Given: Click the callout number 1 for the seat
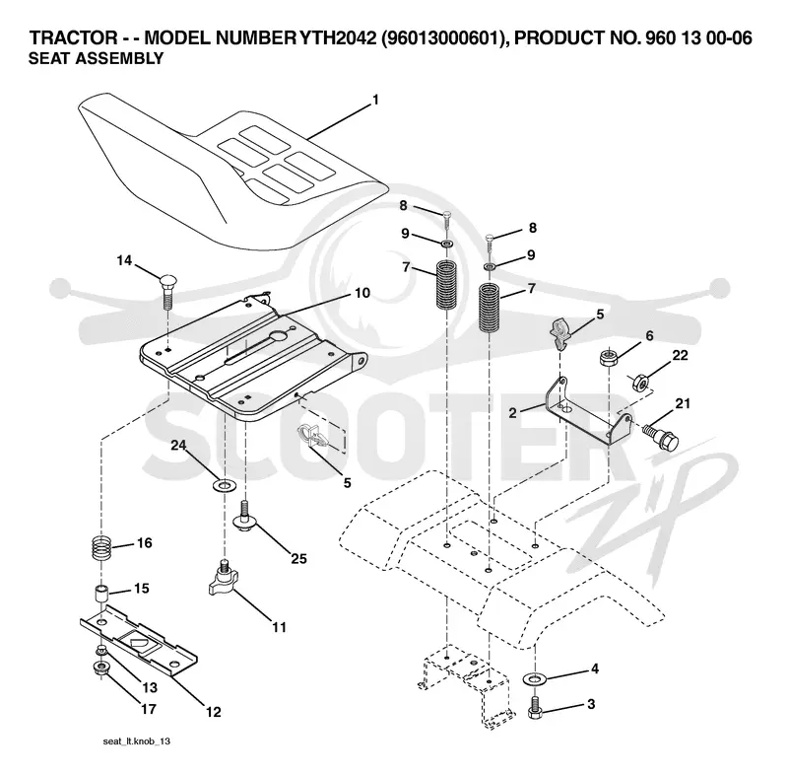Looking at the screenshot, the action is point(375,101).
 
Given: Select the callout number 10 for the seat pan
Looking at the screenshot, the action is point(362,293).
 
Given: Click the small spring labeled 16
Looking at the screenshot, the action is point(102,548).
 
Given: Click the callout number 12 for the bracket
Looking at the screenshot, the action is point(213,712).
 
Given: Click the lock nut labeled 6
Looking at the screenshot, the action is point(609,357).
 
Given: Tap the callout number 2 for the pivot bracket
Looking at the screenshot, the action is point(512,413).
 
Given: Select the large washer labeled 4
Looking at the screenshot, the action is point(535,679).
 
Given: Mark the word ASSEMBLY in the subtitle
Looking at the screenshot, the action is point(118,59).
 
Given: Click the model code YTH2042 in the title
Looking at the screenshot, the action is point(337,37).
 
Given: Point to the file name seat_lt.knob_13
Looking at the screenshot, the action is point(137,741).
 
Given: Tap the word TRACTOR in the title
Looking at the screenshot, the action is point(73,37).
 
